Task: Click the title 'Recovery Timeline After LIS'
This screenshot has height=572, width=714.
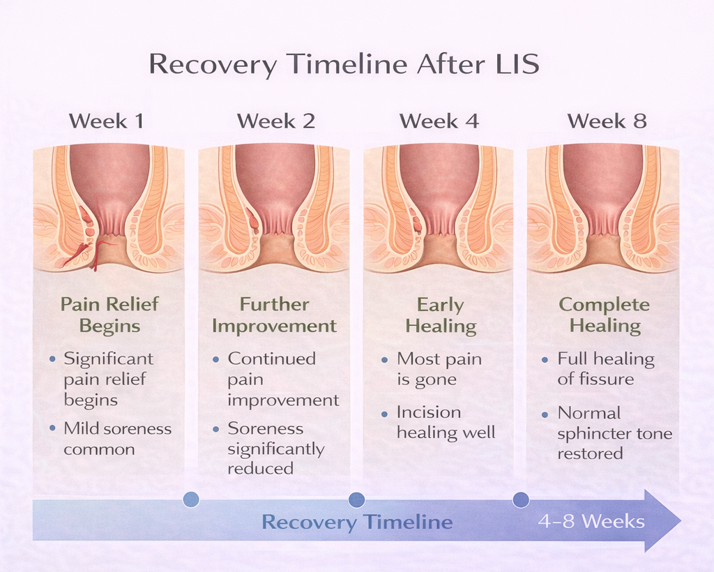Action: point(344,64)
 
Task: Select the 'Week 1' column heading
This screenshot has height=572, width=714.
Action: point(107,121)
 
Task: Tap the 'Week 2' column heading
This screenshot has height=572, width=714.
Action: point(275,121)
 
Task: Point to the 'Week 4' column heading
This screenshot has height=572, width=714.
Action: point(439,121)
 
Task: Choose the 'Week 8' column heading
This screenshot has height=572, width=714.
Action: point(607,121)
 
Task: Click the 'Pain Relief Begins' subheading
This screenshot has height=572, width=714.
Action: point(109,315)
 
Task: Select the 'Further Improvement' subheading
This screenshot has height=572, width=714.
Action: point(274,315)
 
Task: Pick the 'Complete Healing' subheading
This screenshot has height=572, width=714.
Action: point(605,315)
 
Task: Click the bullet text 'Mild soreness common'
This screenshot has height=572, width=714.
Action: point(116,439)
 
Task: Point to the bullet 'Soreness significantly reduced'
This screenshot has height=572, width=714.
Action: point(275,448)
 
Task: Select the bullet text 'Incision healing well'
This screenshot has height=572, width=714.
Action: point(445,422)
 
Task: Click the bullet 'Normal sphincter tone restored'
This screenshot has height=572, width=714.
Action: point(614,433)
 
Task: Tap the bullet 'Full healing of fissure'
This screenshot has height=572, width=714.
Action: point(605,369)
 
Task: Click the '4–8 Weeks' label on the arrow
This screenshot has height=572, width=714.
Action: point(591,521)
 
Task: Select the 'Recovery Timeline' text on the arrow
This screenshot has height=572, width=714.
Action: point(357,522)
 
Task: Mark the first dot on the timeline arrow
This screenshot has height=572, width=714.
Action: point(190,499)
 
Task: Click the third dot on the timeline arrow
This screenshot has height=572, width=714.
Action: point(520,499)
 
